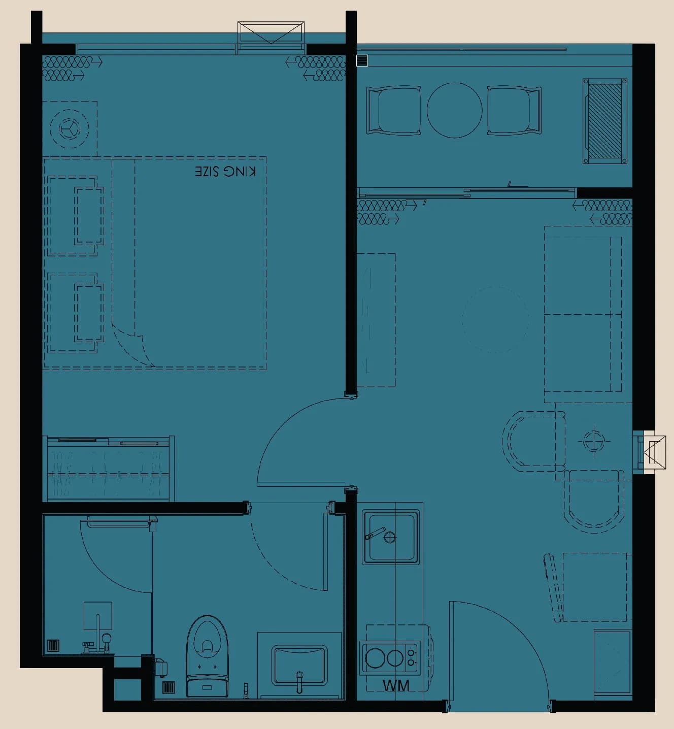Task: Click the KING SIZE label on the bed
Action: pyautogui.click(x=225, y=172)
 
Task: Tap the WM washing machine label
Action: pyautogui.click(x=396, y=685)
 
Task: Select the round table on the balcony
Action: pyautogui.click(x=454, y=110)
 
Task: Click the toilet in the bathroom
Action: pyautogui.click(x=207, y=656)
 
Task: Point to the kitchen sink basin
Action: pyautogui.click(x=391, y=537)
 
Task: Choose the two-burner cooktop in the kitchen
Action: pyautogui.click(x=389, y=658)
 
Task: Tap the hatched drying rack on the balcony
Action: pyautogui.click(x=604, y=121)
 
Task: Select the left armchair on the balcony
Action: pyautogui.click(x=393, y=110)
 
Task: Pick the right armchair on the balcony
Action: pyautogui.click(x=514, y=110)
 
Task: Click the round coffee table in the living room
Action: pyautogui.click(x=495, y=319)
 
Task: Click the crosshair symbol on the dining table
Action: pyautogui.click(x=594, y=441)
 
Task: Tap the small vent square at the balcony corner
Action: pyautogui.click(x=362, y=60)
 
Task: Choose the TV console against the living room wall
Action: pyautogui.click(x=376, y=319)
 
